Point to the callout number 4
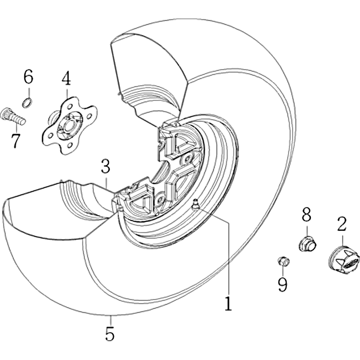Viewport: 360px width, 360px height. point(66,78)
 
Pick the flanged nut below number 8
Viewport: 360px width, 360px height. point(307,243)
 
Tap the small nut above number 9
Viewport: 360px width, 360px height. point(283,261)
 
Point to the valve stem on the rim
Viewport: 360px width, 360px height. point(196,204)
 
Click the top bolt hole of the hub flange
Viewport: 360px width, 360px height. point(70,106)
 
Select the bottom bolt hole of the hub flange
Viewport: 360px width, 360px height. point(70,145)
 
